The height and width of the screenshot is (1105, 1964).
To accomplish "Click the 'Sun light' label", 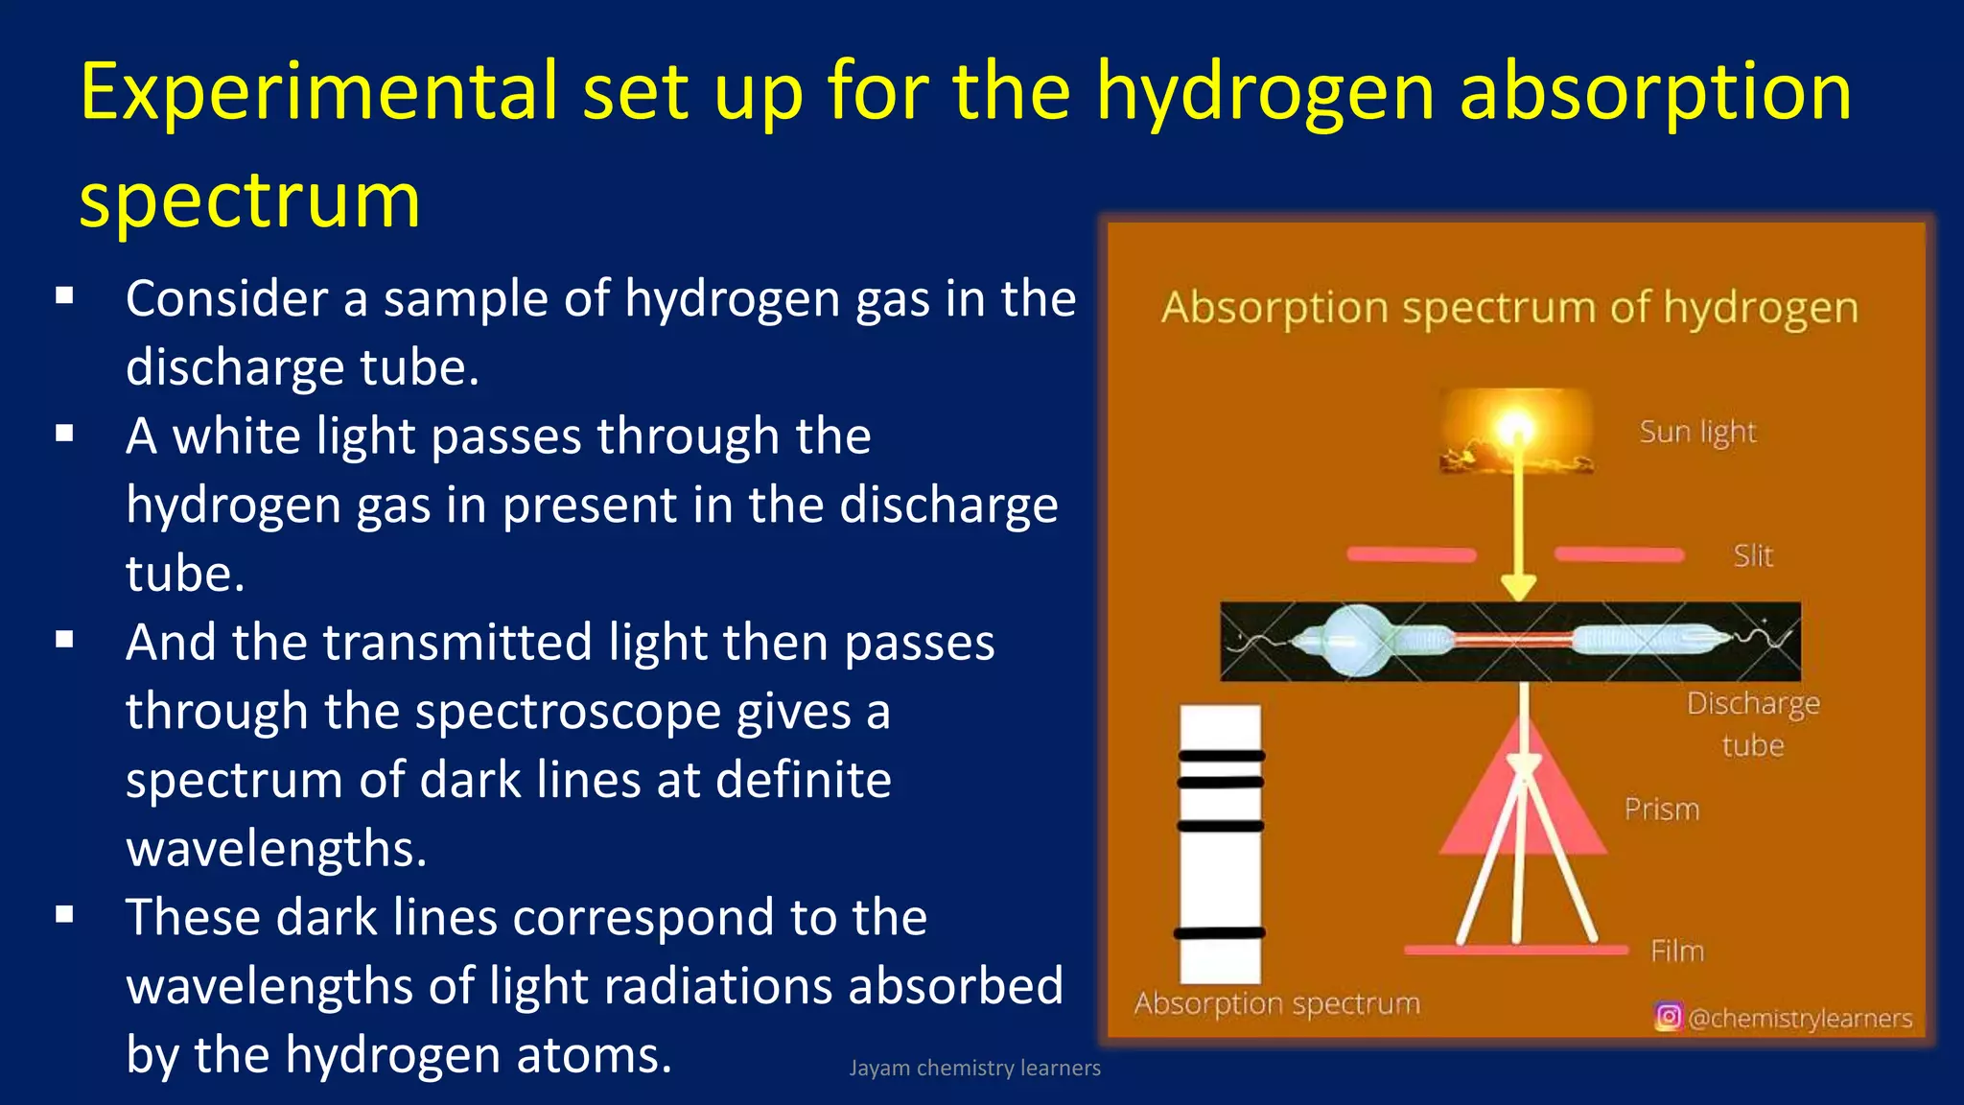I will (1697, 433).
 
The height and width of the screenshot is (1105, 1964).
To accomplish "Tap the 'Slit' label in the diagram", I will (1753, 556).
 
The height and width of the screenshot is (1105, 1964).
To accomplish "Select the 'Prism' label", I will (1661, 810).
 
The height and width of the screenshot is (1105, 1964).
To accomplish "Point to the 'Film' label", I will (1677, 952).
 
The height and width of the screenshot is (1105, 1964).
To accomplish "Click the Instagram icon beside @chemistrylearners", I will (1668, 1017).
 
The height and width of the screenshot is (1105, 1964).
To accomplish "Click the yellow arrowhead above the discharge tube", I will (1518, 586).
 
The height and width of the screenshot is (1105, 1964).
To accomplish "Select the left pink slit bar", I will (1411, 554).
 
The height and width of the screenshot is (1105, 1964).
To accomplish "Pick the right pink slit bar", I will (1619, 554).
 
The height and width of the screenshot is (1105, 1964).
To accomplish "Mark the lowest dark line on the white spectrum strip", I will (1220, 933).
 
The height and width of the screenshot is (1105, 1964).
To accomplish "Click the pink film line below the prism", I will (1515, 951).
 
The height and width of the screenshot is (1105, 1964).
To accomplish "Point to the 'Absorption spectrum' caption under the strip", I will (1276, 1004).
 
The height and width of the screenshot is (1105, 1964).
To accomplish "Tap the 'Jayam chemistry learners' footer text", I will (974, 1068).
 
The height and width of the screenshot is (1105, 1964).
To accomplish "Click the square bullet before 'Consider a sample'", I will (64, 296).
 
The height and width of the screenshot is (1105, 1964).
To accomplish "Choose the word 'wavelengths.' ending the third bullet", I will (276, 849).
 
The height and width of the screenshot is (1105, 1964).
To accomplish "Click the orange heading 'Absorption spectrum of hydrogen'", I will (1509, 308).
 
